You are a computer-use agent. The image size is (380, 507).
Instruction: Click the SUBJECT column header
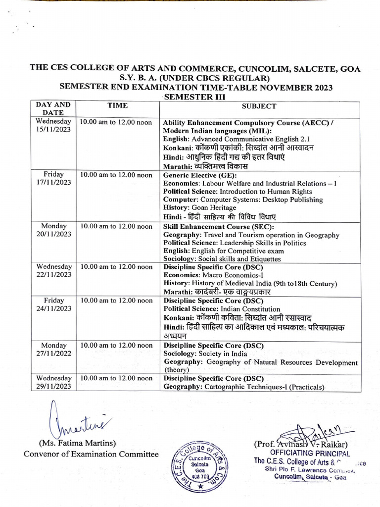coord(259,106)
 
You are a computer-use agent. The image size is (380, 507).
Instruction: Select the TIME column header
coord(117,105)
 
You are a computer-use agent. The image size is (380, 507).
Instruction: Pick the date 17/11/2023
coord(53,182)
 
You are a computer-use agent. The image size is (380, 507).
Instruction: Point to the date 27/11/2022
coord(53,354)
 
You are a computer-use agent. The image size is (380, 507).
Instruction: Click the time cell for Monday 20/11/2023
coord(116,226)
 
